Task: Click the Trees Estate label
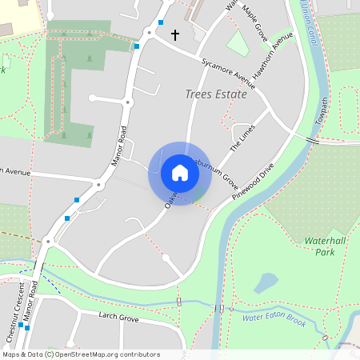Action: [216, 94]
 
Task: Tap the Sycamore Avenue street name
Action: [229, 73]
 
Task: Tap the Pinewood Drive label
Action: [252, 182]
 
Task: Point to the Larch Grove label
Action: [118, 318]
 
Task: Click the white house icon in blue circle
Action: [180, 173]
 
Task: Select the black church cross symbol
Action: [175, 35]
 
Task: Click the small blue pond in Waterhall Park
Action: [266, 283]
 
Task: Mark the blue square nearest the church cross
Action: [161, 22]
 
